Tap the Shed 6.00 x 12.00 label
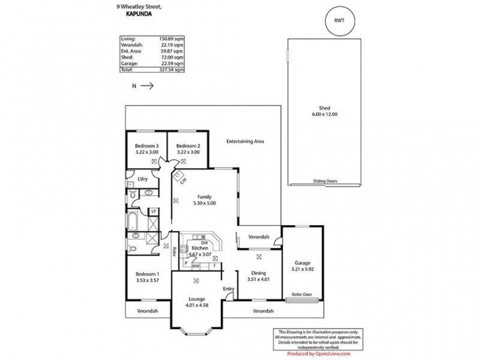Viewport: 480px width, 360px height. [325, 111]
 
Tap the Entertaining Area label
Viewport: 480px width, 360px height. [245, 142]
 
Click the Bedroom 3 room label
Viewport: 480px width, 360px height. [146, 149]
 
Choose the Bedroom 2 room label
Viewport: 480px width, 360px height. [188, 149]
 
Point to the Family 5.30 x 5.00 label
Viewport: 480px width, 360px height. [204, 200]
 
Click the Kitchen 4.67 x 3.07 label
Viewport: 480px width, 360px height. [200, 251]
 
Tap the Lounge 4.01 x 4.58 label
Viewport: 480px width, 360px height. [196, 302]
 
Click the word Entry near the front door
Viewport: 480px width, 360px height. [229, 289]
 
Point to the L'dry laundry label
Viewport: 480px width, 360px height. [143, 179]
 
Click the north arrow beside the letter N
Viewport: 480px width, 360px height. [148, 86]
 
